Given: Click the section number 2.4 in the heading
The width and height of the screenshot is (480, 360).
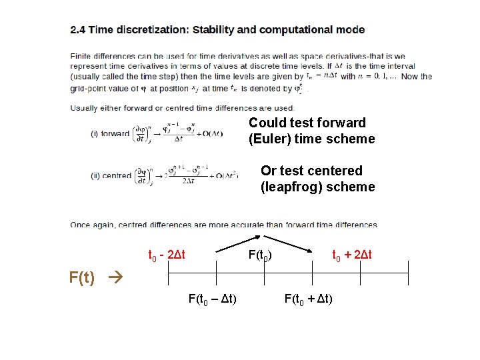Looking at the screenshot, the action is (x=78, y=30).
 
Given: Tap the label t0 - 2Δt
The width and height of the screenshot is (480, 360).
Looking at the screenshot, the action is (x=166, y=255).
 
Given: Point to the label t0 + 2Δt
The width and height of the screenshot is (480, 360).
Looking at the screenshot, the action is (x=352, y=255).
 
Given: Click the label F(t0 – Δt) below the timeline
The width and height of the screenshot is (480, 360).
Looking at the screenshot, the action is (x=213, y=298).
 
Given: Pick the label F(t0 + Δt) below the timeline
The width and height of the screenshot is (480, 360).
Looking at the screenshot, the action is (x=309, y=298).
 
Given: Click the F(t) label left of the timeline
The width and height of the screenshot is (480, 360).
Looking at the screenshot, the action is (x=82, y=277).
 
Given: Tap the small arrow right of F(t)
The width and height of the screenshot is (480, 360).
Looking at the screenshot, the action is (x=111, y=277).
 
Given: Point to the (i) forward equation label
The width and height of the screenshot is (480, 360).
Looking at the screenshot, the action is (x=110, y=133).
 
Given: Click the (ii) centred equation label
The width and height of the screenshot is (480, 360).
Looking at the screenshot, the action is (x=111, y=176).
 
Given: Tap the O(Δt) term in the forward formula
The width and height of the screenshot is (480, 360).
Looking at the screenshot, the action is (x=210, y=133).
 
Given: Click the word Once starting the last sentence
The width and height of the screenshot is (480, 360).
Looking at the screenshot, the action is (x=81, y=225).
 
